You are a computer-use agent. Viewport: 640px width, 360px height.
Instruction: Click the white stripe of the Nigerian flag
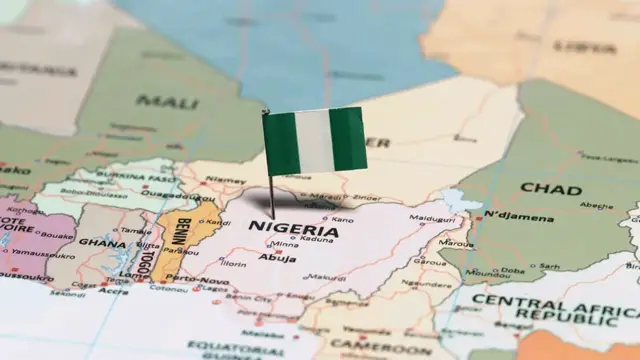(x=316, y=140)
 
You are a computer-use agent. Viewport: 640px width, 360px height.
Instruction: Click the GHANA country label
(x=102, y=242)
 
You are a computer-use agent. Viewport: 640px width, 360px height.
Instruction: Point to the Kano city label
(x=341, y=219)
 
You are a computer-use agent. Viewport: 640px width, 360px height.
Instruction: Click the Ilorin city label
(x=233, y=264)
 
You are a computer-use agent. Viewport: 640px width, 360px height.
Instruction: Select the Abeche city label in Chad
(x=596, y=206)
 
